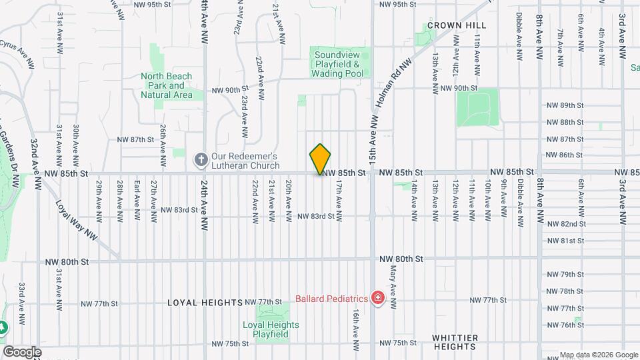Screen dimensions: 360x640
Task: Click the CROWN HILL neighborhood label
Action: [x=457, y=25]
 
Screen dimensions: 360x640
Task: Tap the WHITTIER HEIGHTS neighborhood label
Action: [x=455, y=342]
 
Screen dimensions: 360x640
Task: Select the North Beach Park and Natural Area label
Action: [x=167, y=85]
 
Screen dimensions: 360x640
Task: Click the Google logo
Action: [x=22, y=351]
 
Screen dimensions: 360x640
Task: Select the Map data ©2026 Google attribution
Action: [x=598, y=354]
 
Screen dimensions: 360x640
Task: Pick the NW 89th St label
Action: [x=565, y=105]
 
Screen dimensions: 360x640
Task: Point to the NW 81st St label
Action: [x=565, y=241]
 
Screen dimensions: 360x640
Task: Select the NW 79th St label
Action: [x=565, y=275]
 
